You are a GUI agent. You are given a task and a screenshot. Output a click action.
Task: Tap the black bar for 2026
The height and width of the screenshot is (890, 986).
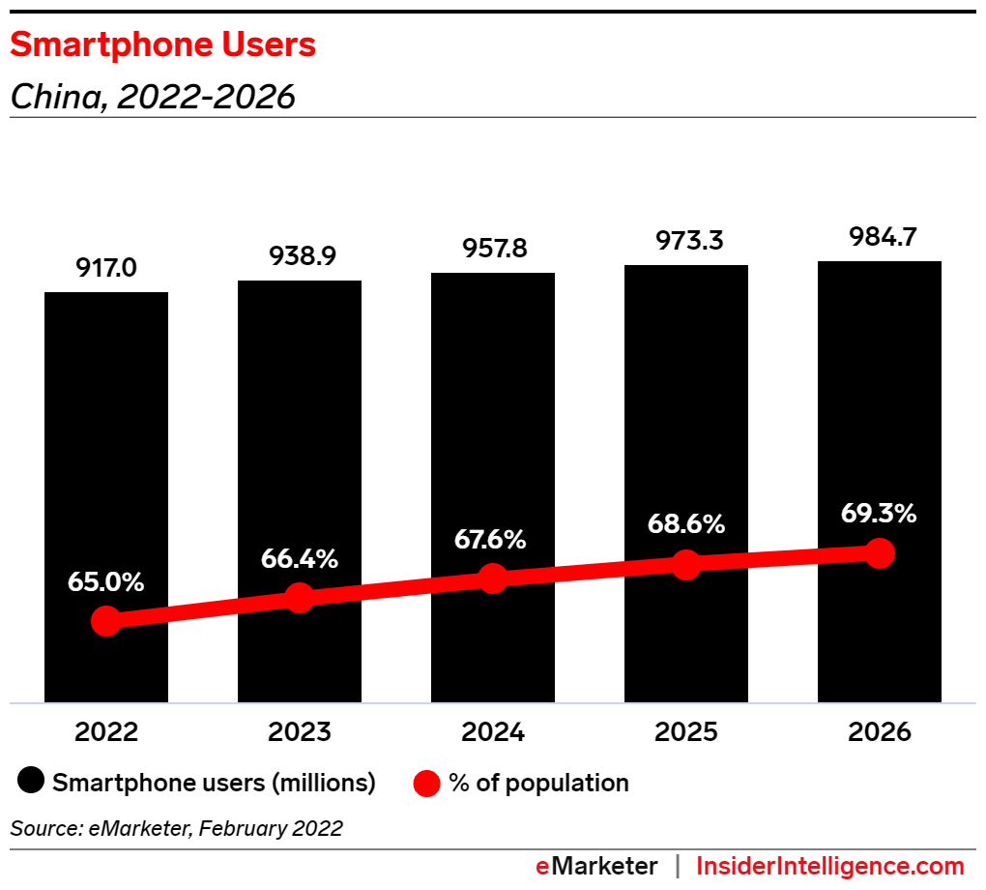[880, 406]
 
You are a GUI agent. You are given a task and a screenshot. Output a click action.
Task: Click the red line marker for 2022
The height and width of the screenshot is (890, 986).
[106, 621]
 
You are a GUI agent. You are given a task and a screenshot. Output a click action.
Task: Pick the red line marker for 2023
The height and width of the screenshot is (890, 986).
[300, 598]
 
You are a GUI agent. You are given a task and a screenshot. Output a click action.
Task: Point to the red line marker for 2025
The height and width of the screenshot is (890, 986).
[686, 564]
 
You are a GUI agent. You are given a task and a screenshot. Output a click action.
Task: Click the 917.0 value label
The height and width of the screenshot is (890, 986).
[106, 268]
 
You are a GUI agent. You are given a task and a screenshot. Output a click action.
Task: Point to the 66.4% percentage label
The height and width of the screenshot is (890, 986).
[300, 558]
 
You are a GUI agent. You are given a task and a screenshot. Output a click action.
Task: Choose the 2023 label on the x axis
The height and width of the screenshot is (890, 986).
[300, 732]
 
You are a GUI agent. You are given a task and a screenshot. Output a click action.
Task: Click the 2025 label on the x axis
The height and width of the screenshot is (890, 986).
[686, 732]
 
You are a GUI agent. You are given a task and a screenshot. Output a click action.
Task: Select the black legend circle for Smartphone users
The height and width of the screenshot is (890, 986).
[32, 783]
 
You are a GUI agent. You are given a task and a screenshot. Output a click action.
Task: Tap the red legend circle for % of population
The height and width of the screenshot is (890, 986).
[428, 783]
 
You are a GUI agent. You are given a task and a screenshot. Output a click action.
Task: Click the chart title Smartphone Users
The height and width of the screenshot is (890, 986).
[162, 45]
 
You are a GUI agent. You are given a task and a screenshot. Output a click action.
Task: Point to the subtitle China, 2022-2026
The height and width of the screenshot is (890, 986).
[152, 97]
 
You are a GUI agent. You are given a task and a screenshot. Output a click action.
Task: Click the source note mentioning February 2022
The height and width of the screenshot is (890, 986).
[176, 828]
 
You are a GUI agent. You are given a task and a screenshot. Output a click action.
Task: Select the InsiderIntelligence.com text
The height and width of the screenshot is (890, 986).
[830, 866]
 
